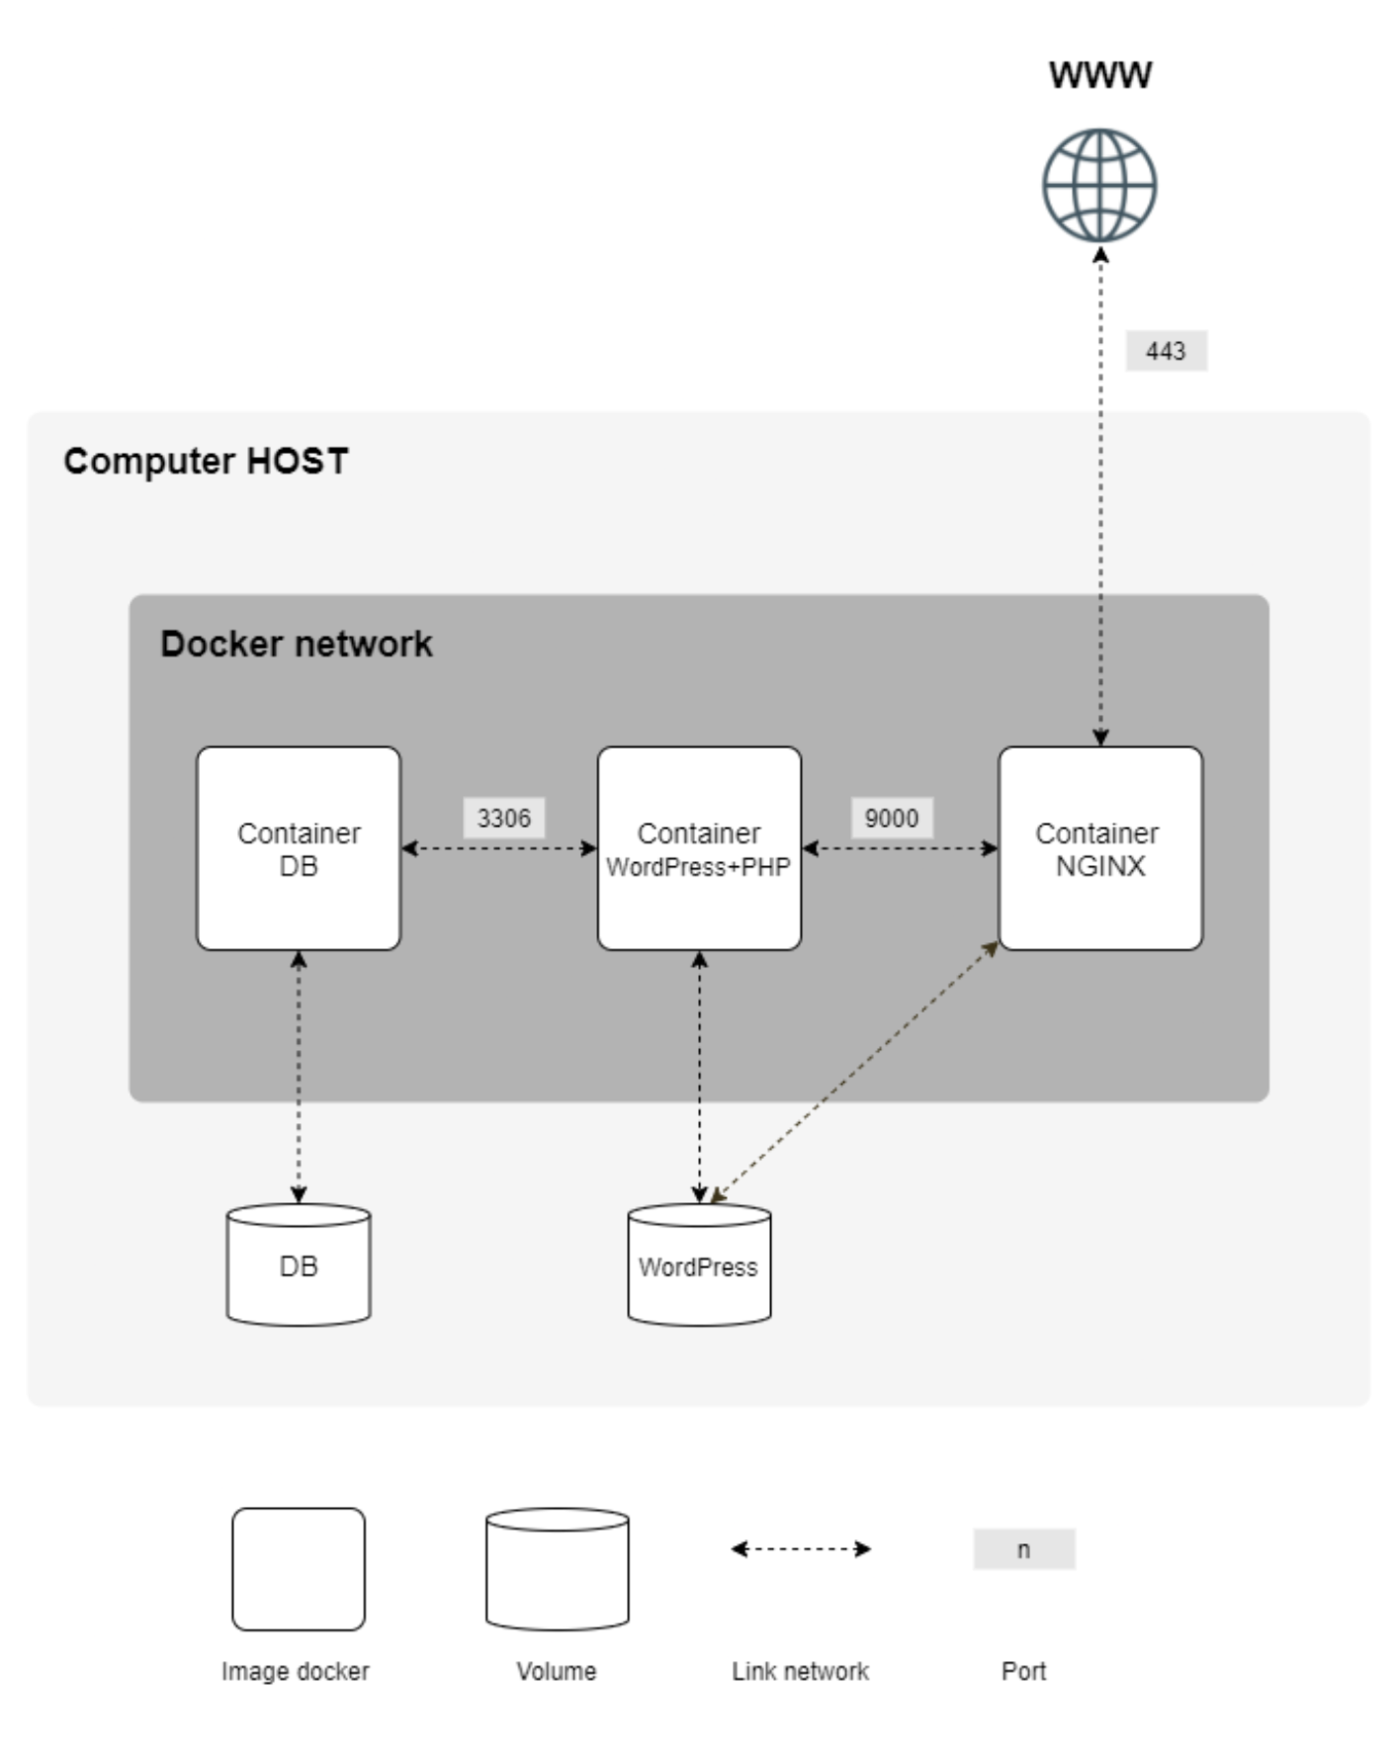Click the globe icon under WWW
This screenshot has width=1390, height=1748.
pos(1099,185)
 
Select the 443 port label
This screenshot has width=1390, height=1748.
pos(1166,351)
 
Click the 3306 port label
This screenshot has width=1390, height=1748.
pos(503,819)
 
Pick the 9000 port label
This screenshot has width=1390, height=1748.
pos(891,819)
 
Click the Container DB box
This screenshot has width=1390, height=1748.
pos(299,848)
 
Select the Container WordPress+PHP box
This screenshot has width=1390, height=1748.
pos(699,848)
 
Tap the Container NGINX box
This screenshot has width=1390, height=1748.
pos(1099,848)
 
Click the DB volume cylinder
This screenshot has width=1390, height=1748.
pos(299,1265)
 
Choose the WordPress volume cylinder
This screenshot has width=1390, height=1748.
pos(699,1265)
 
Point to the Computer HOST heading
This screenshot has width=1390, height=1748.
pos(206,461)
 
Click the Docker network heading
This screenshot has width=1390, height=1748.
pos(296,644)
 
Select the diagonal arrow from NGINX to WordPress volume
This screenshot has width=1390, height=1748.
pos(855,1073)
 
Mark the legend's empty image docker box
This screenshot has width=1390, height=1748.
pos(299,1569)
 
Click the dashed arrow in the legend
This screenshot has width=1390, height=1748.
pos(800,1549)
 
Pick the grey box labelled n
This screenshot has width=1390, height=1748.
pos(1023,1549)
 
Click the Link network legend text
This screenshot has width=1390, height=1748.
pos(800,1671)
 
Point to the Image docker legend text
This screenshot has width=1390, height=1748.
pos(295,1671)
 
